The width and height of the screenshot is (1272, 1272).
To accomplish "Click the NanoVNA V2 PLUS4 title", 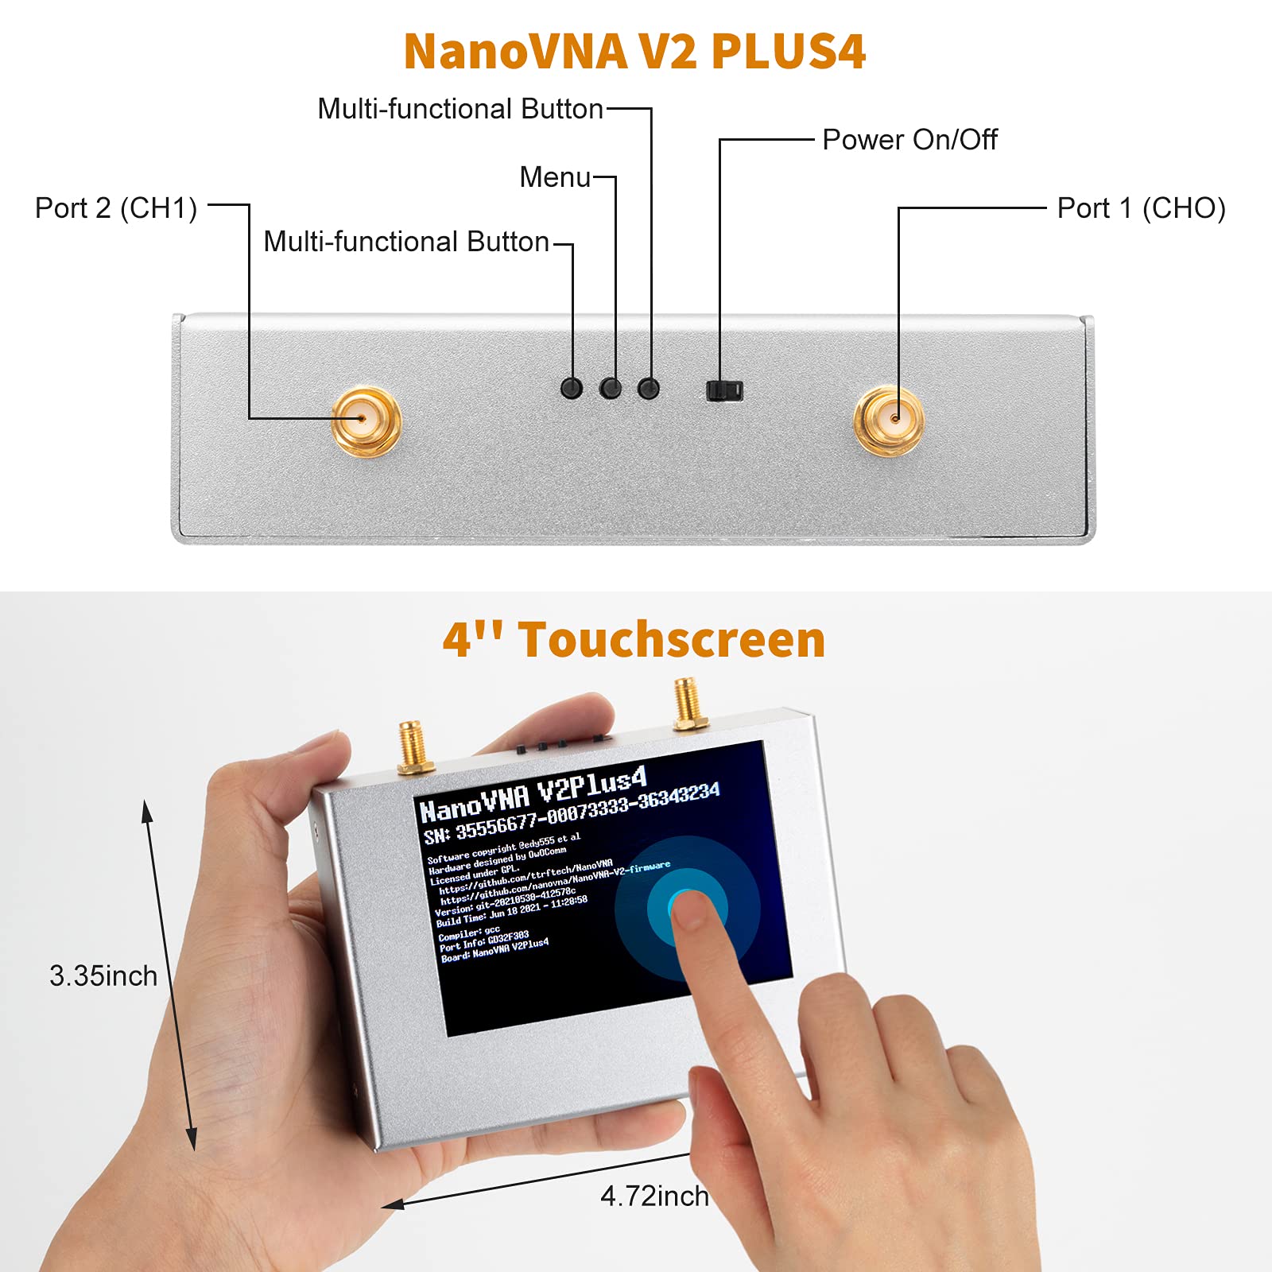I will [x=634, y=52].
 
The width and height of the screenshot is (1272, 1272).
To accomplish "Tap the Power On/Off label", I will [x=909, y=140].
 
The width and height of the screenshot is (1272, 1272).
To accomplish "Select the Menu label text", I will [x=555, y=177].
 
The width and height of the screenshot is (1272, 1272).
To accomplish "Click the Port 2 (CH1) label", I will [x=116, y=208].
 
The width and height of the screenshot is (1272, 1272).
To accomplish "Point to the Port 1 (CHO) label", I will [x=1141, y=208].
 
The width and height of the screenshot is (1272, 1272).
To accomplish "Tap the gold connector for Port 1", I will [x=889, y=420].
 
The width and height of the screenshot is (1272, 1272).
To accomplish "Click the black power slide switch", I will [x=724, y=390].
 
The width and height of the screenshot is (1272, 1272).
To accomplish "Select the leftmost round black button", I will [x=572, y=388].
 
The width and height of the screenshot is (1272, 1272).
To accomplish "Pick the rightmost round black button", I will [x=649, y=388].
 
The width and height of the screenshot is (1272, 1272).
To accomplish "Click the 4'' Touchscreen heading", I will [x=634, y=640].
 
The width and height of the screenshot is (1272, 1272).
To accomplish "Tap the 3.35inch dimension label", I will [x=103, y=976].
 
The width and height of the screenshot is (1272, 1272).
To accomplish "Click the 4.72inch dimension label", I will [x=654, y=1196].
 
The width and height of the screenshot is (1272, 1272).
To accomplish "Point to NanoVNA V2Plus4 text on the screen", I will [x=533, y=793].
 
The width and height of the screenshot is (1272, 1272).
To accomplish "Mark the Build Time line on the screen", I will [x=511, y=913].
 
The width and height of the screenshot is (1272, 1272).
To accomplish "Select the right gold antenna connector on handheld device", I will [x=688, y=703].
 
